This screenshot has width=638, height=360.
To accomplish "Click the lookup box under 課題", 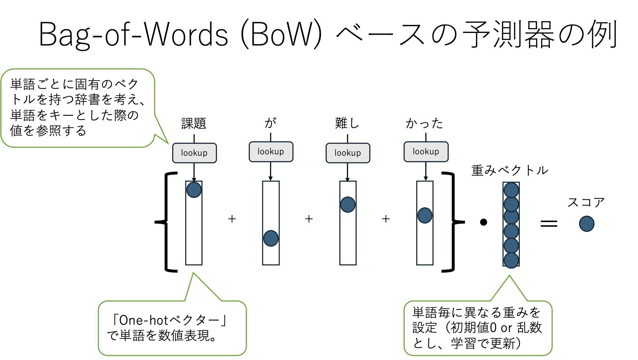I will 194,153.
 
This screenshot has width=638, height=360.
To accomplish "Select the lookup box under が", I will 271,151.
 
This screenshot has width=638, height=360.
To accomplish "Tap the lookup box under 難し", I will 348,153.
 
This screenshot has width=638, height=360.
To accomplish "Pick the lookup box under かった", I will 426,151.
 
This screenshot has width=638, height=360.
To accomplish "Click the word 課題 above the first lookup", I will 194,123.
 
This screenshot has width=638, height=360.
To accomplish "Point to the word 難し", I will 347,123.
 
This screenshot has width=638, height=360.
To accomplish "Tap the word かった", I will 425,123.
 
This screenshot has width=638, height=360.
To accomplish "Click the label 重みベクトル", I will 509,170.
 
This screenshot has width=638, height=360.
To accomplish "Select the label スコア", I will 586,202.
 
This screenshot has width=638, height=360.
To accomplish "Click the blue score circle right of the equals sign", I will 586,223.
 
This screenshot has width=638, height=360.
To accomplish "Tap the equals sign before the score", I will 549,223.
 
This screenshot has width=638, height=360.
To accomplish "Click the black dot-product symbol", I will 483,222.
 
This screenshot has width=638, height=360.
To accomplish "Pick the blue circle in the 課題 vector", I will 194,190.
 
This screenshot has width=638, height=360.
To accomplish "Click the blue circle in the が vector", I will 271,238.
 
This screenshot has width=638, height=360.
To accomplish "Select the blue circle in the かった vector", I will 425,215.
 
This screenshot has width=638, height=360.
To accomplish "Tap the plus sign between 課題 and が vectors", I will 232,219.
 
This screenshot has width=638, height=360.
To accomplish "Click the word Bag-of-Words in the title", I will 133,35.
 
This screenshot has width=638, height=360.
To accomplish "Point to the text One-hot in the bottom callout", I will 143,320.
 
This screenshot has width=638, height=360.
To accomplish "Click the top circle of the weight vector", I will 511,190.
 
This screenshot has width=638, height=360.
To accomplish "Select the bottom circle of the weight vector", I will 511,260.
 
